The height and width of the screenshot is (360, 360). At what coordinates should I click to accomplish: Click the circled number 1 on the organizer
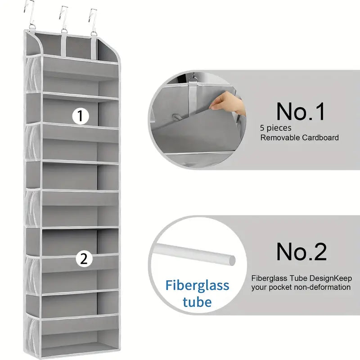pos(81,116)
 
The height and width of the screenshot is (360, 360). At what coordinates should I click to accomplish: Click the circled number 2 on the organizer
pos(84,258)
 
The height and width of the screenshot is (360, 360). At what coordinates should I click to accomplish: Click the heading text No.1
pos(301,112)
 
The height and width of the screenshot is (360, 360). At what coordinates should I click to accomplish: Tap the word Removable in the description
pos(279,138)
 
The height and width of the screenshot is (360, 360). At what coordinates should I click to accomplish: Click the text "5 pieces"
pos(275,128)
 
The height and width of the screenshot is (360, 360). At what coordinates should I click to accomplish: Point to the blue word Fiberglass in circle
pos(197,285)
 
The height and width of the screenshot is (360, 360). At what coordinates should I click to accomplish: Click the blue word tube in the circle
pos(197,301)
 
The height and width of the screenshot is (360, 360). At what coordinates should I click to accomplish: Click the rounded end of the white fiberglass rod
pos(231,260)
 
